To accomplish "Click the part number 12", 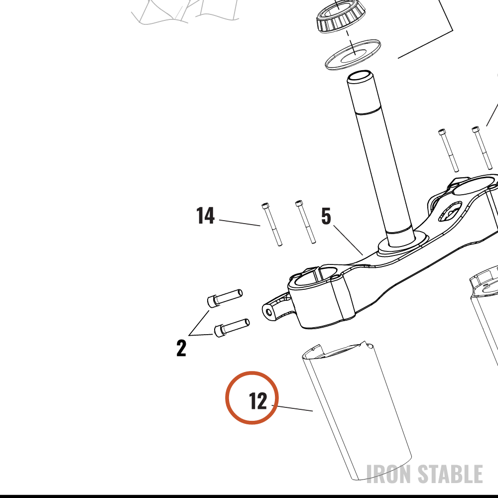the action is tap(258, 401).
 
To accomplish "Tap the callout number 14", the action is tap(206, 216).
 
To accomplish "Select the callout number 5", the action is tap(326, 216).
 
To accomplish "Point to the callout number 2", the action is tap(181, 348).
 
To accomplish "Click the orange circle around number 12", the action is tap(252, 372).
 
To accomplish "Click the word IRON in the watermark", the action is tap(389, 474).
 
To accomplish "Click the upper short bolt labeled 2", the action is tap(225, 297).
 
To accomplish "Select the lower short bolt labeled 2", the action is tap(232, 328).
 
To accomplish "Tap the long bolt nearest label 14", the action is tap(272, 224).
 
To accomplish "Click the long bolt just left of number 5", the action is tap(306, 222).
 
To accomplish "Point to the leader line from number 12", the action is tap(292, 408).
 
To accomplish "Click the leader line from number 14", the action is tap(240, 223).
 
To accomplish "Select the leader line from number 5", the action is tap(348, 240).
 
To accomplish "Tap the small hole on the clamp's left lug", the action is tap(269, 313).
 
